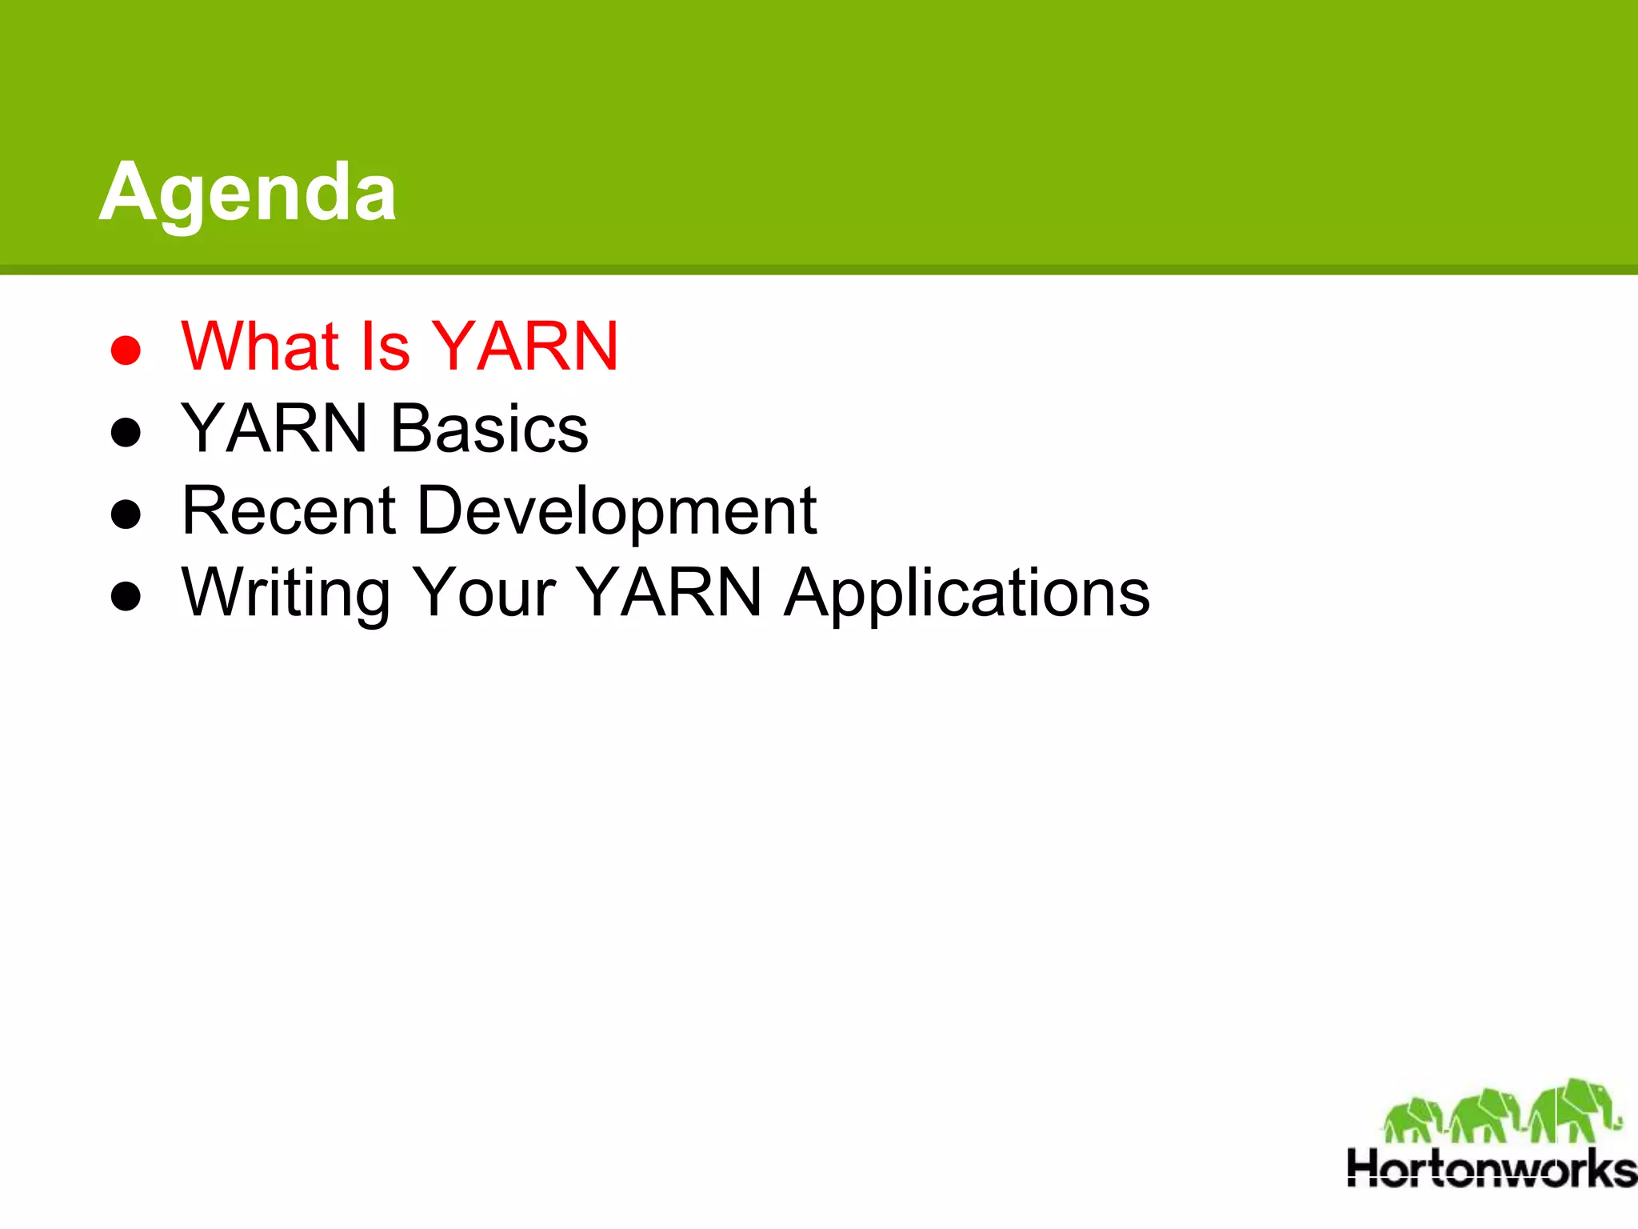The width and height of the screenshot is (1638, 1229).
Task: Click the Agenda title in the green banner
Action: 247,192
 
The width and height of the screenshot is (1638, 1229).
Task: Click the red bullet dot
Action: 126,350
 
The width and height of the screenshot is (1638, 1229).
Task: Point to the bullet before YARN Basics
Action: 126,432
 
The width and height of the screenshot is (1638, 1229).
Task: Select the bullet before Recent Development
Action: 126,514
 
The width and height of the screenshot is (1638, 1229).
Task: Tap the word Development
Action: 617,512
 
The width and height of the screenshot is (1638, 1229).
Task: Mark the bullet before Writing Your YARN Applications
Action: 126,596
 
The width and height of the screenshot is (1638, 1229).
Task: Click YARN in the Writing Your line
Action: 669,593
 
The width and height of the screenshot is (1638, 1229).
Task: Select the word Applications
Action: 966,594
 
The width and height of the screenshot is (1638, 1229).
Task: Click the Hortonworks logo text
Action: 1491,1169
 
